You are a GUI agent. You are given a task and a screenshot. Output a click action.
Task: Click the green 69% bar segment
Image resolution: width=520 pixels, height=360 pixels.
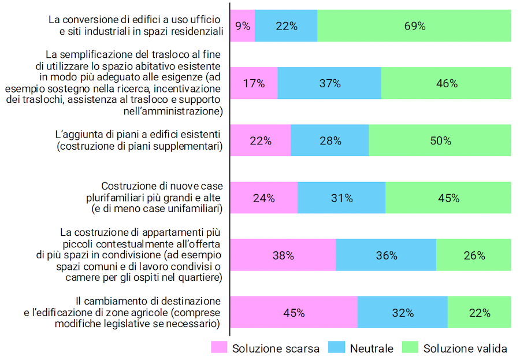414,26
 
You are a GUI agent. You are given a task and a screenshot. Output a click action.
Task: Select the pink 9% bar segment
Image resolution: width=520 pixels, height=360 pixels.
243,26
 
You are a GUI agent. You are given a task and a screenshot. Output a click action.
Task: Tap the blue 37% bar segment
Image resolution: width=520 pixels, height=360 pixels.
329,83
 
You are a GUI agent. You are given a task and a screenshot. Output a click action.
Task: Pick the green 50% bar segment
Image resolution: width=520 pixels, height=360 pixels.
440,140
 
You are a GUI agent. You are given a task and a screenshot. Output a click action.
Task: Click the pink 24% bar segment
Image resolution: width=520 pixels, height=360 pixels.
263,198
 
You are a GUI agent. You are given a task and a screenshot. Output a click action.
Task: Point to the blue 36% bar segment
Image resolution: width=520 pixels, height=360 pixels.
385,255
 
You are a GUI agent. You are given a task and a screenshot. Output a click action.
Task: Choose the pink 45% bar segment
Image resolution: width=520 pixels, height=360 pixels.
294,313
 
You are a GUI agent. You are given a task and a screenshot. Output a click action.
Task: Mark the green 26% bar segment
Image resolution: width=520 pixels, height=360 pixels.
473,255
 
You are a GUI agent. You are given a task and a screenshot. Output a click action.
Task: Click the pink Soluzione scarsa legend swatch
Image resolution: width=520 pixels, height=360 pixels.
218,348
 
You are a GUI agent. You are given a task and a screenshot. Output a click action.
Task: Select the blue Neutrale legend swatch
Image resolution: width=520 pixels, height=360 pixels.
336,348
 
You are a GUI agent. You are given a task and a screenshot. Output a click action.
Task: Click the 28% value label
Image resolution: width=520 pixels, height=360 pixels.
330,141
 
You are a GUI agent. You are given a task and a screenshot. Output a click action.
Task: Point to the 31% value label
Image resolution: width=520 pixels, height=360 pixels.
341,198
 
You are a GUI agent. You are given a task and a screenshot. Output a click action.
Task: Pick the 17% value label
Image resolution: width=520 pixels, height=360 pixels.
254,84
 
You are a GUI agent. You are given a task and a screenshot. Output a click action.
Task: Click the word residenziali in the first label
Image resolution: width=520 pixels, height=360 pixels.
194,32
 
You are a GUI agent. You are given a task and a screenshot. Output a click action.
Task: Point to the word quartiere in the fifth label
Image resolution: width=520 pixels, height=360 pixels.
198,277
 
